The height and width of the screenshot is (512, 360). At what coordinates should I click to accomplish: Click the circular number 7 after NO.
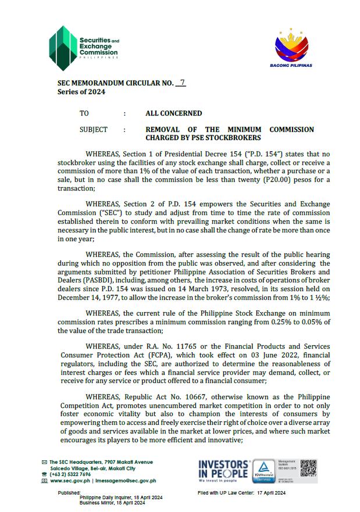[x=183, y=83]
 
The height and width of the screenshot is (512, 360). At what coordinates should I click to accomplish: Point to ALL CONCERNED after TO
[x=173, y=113]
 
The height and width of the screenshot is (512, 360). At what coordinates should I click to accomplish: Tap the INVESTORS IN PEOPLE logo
[x=223, y=470]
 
